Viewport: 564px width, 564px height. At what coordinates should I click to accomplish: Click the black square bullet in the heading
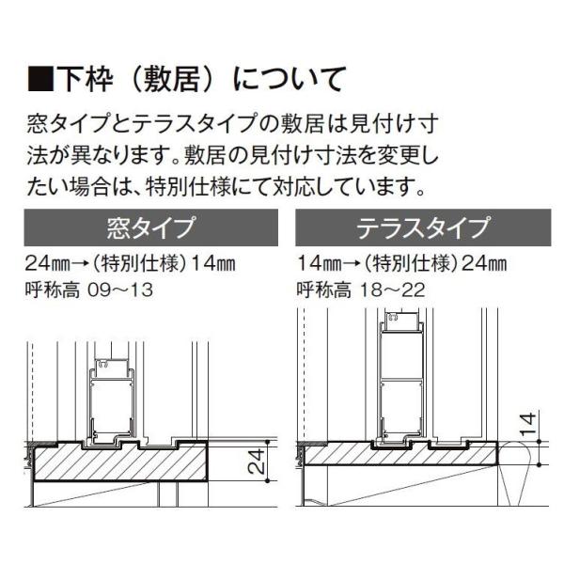40,78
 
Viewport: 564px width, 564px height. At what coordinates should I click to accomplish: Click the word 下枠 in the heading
85,78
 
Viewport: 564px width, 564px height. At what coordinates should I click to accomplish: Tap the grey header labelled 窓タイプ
151,227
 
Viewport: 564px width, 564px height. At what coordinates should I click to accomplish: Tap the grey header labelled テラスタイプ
423,227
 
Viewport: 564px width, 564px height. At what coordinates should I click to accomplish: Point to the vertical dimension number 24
257,461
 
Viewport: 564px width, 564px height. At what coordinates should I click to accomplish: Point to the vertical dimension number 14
528,424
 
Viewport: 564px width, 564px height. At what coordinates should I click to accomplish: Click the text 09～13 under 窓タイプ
121,290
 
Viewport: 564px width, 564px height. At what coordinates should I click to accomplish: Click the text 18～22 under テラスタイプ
393,290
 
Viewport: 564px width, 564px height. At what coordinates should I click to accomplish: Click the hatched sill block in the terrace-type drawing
400,454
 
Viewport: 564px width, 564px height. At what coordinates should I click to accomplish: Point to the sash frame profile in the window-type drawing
113,403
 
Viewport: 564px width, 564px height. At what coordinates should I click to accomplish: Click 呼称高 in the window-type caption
52,290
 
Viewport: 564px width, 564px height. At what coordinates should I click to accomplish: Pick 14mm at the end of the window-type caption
212,264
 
